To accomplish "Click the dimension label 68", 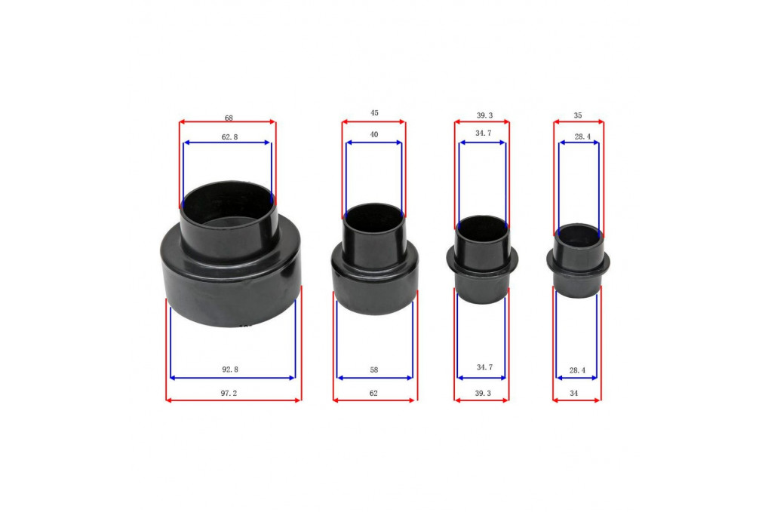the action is tap(229, 118).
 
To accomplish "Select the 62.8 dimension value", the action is tap(229, 137).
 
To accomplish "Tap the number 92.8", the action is tap(229, 369).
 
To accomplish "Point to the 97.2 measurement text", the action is tap(229, 393).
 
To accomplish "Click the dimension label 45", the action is tap(374, 113).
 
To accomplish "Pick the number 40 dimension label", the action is tap(374, 135).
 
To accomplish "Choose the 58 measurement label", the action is tap(373, 370).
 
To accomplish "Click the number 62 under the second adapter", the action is tap(373, 393).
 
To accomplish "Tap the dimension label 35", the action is tap(578, 115).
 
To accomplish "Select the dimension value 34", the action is tap(573, 393).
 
